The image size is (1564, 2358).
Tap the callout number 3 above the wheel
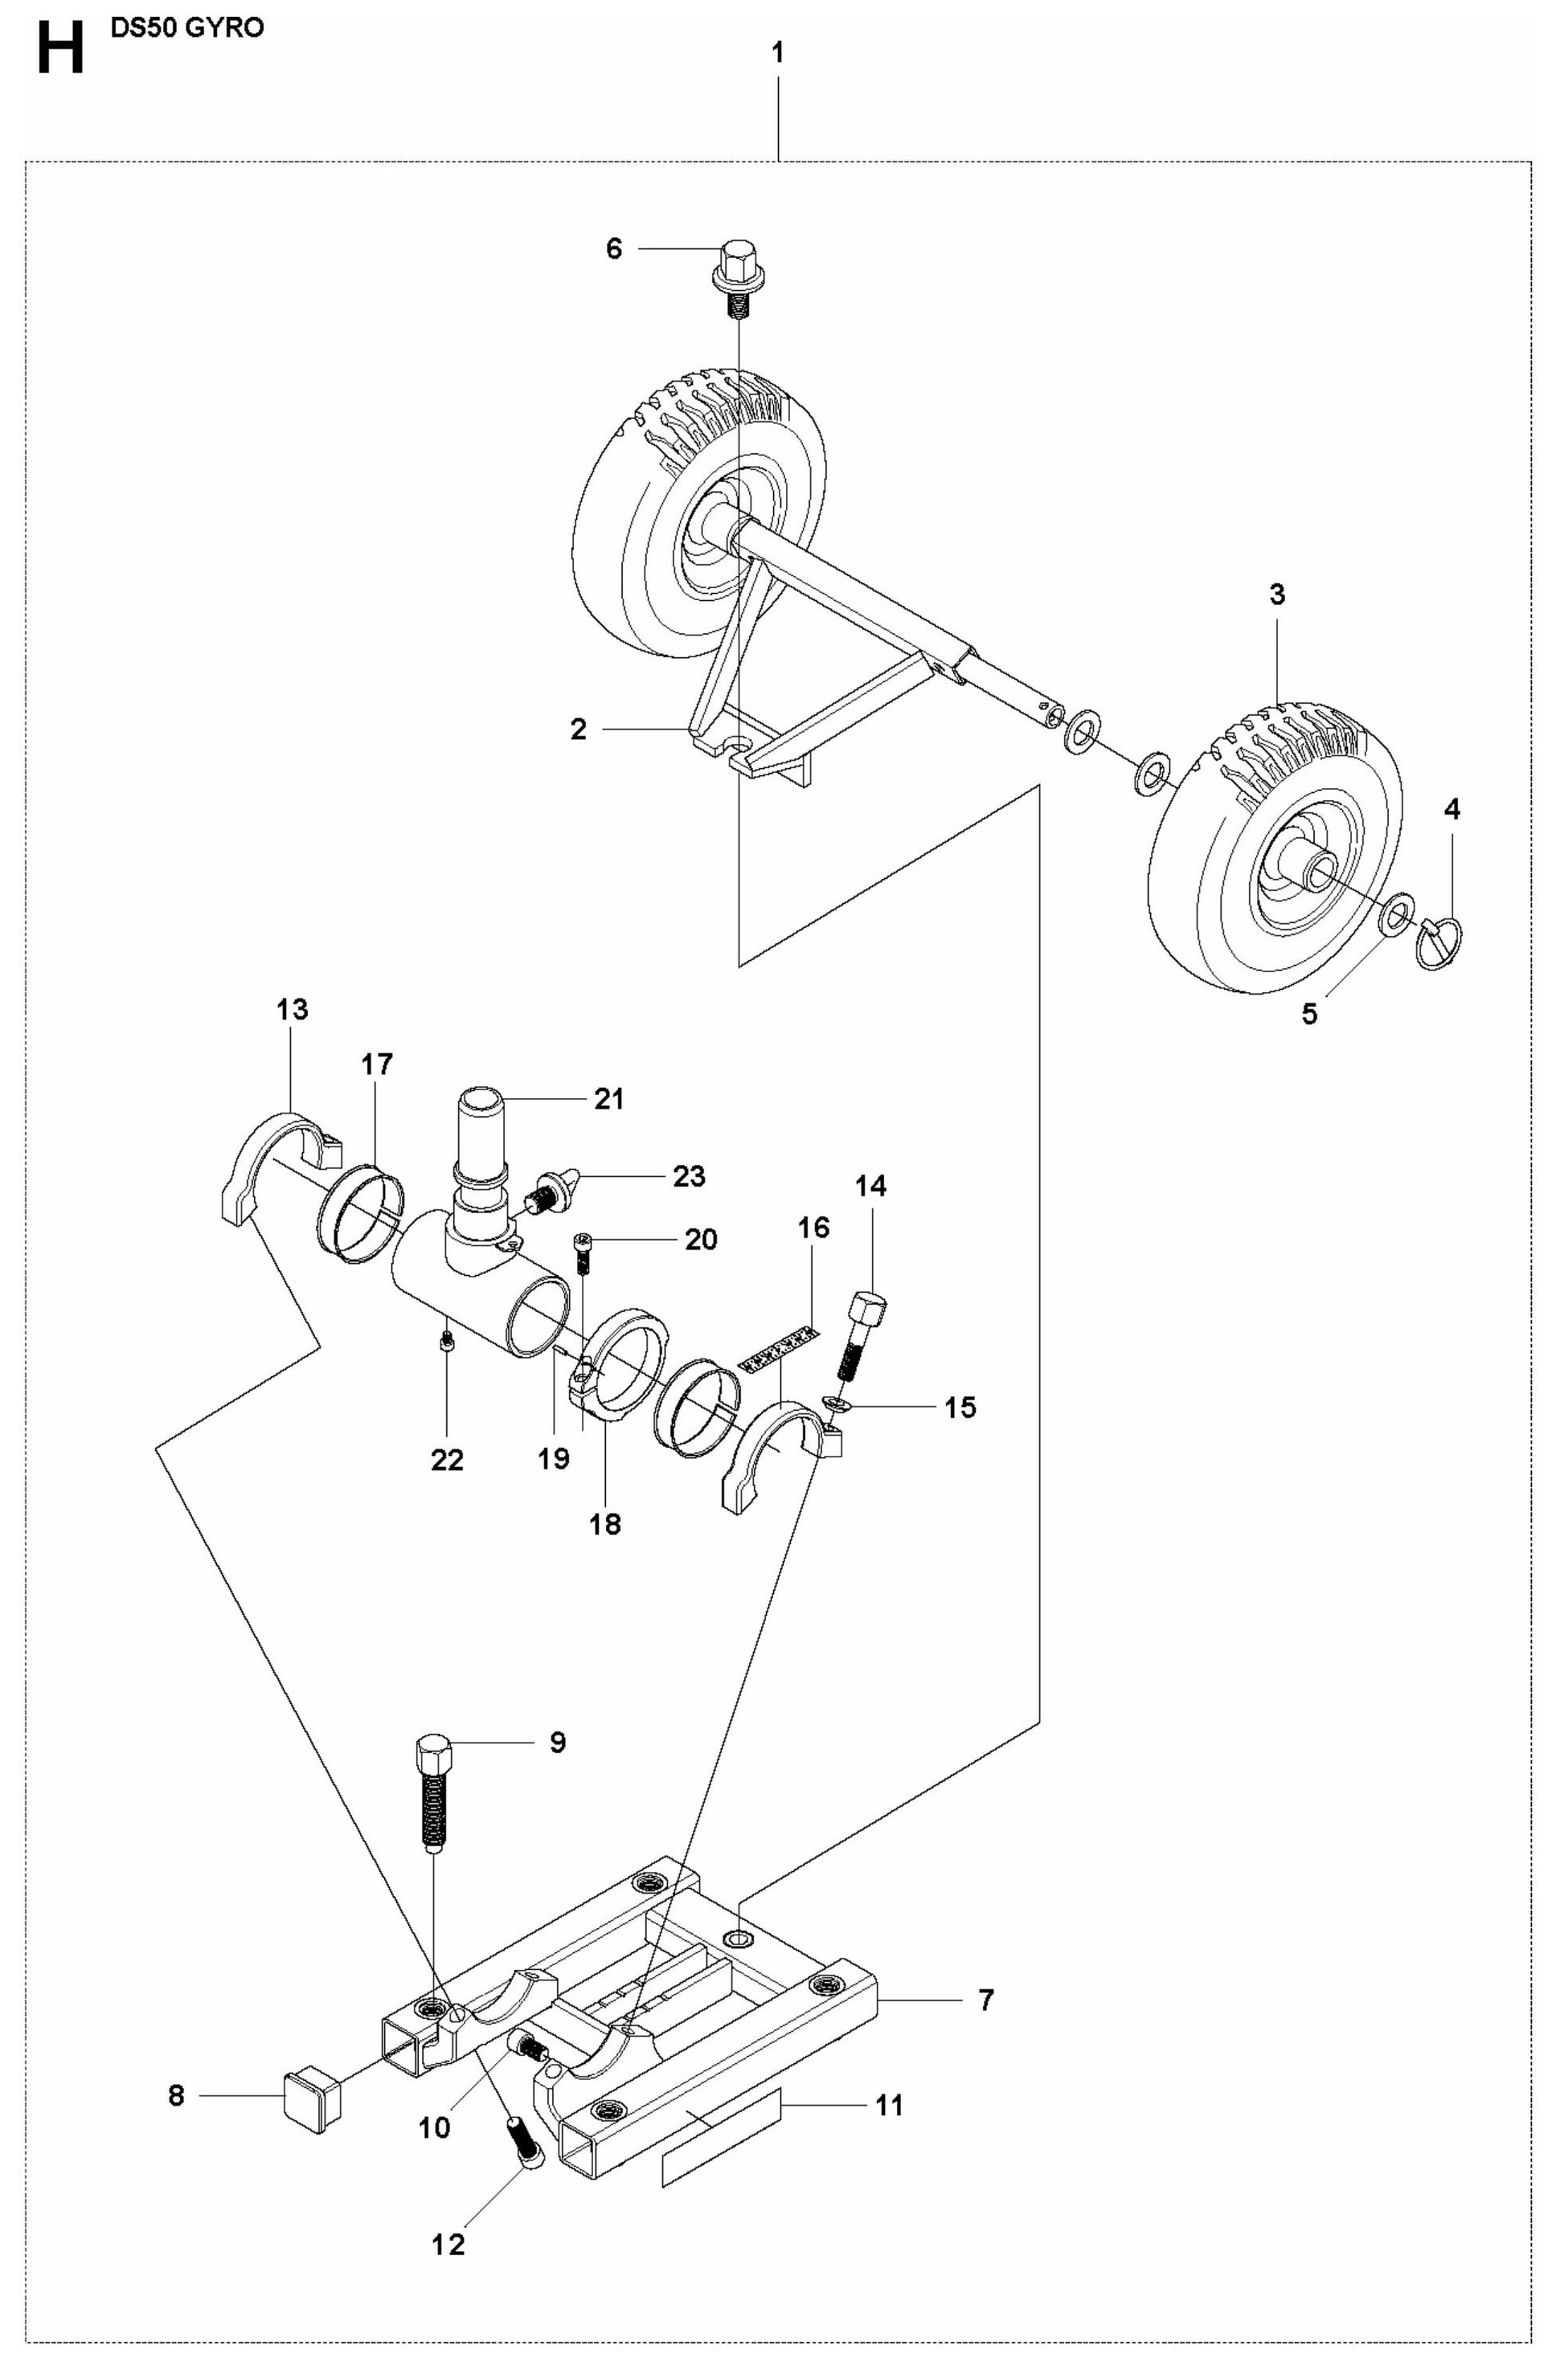(1277, 596)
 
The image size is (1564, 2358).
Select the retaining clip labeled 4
(1439, 943)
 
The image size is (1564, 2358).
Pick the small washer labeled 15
(835, 1406)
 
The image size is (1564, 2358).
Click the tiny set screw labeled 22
(448, 1348)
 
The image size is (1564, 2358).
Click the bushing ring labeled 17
(361, 1212)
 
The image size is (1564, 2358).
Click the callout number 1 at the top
(778, 54)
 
